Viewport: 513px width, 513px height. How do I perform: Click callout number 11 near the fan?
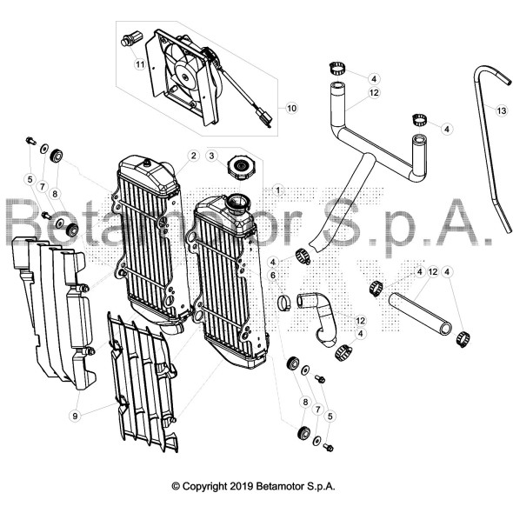click(x=140, y=64)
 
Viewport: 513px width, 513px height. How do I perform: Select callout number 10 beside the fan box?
click(x=291, y=108)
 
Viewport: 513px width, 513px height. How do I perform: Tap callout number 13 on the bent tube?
click(x=501, y=111)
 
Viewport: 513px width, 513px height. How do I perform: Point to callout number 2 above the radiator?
click(x=193, y=156)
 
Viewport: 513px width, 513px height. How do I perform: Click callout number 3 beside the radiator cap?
click(x=211, y=156)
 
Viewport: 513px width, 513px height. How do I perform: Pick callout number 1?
click(x=277, y=190)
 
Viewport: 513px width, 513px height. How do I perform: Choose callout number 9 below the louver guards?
click(x=76, y=416)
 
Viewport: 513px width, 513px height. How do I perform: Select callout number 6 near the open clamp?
click(x=273, y=276)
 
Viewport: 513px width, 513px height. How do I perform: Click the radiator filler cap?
click(x=241, y=169)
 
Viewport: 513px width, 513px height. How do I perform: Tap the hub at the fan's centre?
click(x=185, y=77)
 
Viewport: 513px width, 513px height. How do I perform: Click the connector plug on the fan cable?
click(x=264, y=118)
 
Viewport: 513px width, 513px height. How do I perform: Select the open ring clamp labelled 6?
click(x=284, y=303)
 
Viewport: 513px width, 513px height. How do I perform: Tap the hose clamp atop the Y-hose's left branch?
click(x=336, y=69)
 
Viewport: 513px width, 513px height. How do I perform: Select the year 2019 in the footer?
click(x=241, y=486)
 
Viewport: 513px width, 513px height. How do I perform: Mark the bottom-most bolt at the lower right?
click(x=328, y=447)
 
